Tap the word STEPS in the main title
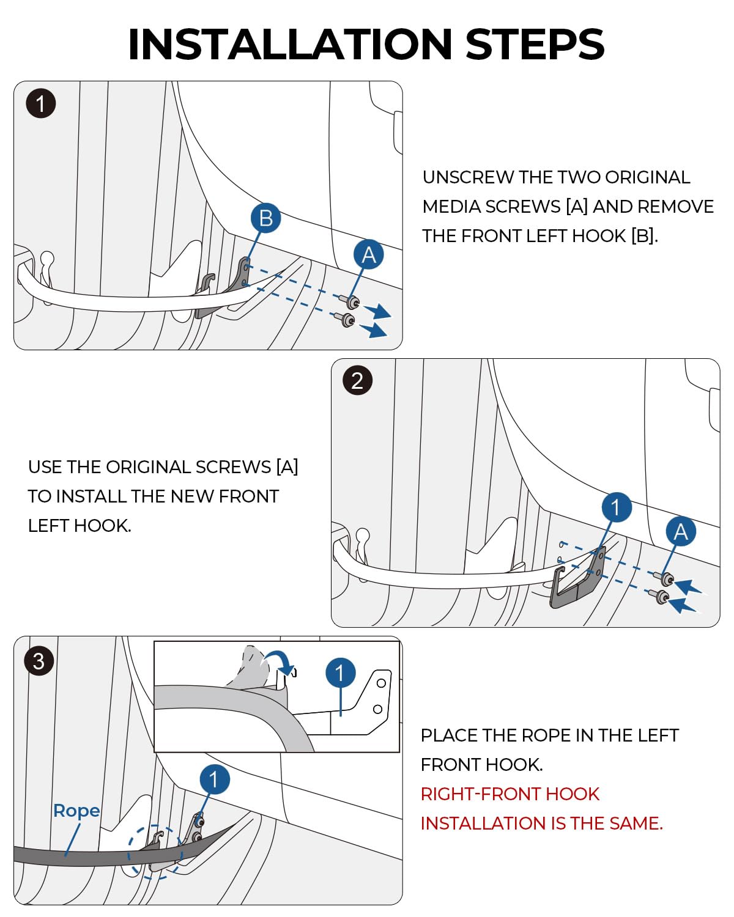coord(535,44)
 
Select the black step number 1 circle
coord(41,103)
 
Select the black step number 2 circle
coord(358,380)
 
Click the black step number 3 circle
coord(39,661)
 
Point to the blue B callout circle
coord(265,218)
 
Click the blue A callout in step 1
coord(368,254)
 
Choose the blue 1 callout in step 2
coord(616,507)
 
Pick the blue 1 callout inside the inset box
coord(340,673)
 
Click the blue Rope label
coord(76,811)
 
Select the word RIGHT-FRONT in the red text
coord(480,794)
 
